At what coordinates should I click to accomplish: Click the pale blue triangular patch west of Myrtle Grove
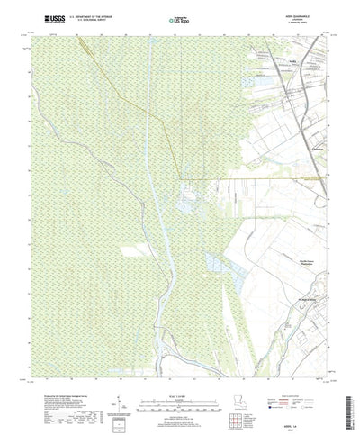pos(214,263)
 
